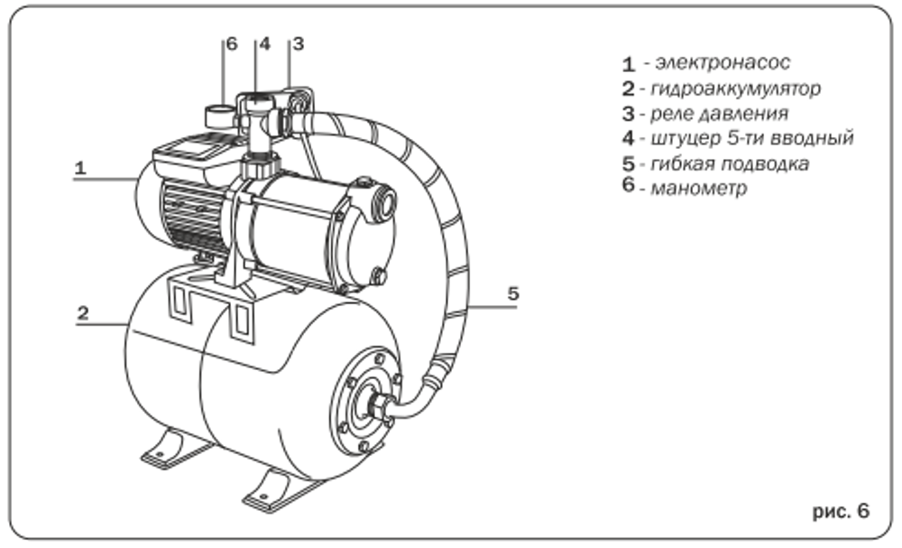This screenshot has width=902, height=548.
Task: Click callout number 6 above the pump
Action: pyautogui.click(x=231, y=44)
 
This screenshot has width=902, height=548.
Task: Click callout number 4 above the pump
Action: pyautogui.click(x=264, y=44)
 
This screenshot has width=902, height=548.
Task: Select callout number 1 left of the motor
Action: pyautogui.click(x=80, y=167)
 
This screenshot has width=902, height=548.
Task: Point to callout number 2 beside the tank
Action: pyautogui.click(x=82, y=313)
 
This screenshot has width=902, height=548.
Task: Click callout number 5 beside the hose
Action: pyautogui.click(x=512, y=293)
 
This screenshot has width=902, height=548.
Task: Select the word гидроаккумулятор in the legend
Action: pyautogui.click(x=734, y=88)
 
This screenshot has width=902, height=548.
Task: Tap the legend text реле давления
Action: pyautogui.click(x=718, y=114)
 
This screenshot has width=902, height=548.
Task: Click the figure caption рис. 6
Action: pyautogui.click(x=841, y=512)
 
